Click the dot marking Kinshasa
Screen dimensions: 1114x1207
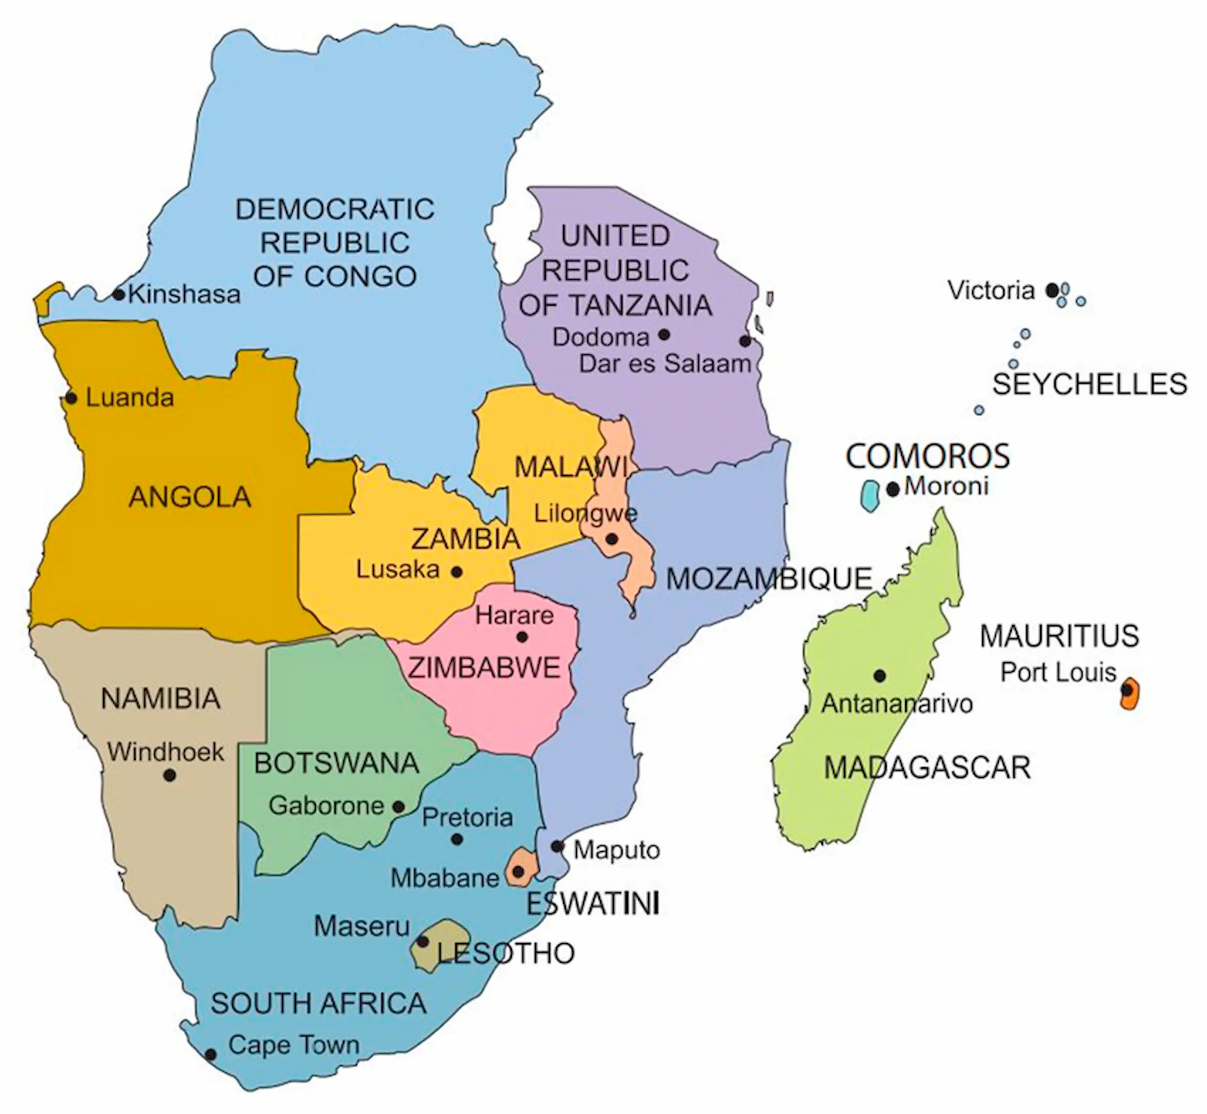[x=119, y=295]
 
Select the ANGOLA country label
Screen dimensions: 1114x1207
[x=190, y=497]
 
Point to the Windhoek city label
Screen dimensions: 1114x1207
[x=165, y=752]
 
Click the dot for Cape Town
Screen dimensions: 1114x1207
[x=211, y=1055]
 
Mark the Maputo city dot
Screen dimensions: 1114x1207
[x=557, y=847]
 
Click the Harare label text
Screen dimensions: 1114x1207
[x=514, y=615]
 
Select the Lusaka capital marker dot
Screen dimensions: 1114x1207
[x=457, y=572]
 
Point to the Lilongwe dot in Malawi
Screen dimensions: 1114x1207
[x=611, y=539]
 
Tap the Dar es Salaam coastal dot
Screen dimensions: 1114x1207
[x=745, y=341]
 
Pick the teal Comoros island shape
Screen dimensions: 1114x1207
[x=869, y=496]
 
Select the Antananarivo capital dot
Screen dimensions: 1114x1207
[x=880, y=676]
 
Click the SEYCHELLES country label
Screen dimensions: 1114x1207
[x=1089, y=384]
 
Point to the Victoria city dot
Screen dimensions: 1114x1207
[x=1052, y=290]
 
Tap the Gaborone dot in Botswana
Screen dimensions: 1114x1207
[x=399, y=806]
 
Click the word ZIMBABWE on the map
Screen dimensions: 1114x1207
[x=484, y=668]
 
